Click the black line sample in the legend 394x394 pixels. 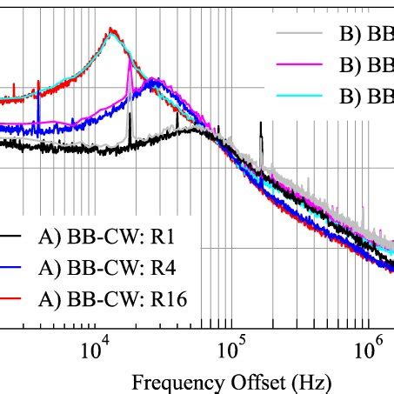click(11, 237)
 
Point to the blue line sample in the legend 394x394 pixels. click(11, 268)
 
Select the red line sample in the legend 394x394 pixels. click(11, 299)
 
